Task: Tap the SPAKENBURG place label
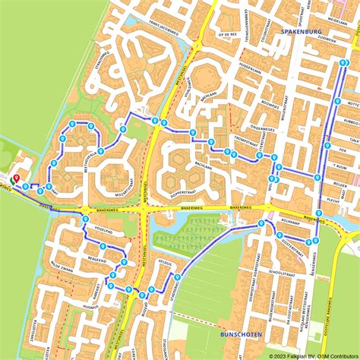[x=302, y=31]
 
